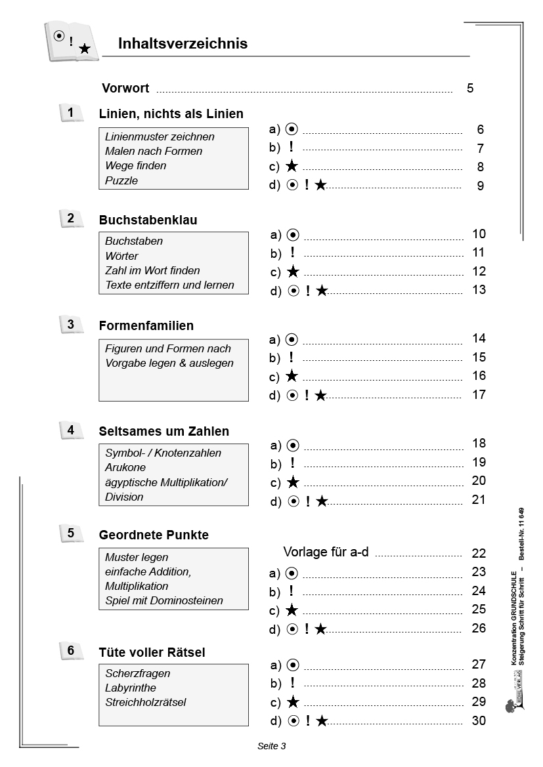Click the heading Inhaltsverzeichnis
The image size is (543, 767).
[183, 44]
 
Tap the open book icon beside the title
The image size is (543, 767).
[70, 42]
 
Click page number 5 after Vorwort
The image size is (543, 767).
[470, 89]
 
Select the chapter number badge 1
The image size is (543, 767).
[72, 114]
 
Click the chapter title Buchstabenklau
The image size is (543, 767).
[148, 220]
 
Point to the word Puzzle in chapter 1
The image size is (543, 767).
[121, 180]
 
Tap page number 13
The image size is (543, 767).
[479, 290]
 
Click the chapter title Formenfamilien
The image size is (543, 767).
[146, 326]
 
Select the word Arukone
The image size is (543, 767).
[125, 468]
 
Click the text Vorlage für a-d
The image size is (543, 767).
[326, 552]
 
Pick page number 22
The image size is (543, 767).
[479, 553]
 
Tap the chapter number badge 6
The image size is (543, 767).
[72, 651]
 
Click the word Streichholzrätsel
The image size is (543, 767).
[146, 703]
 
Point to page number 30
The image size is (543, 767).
[479, 721]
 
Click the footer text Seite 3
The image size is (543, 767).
[271, 746]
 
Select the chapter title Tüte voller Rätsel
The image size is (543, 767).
[152, 653]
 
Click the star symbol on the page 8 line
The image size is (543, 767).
[292, 167]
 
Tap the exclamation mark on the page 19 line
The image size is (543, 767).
[292, 463]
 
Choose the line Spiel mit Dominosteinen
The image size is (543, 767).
[164, 600]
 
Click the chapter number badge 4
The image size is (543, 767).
[72, 430]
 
